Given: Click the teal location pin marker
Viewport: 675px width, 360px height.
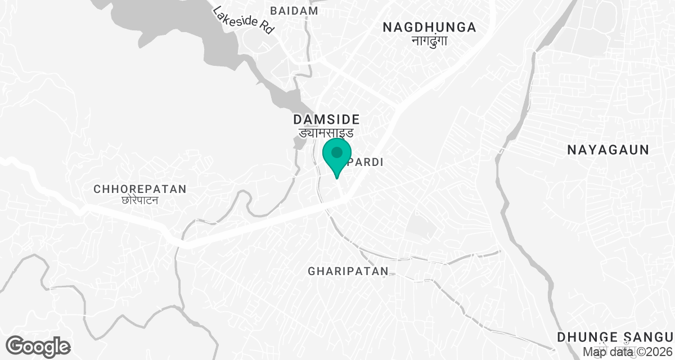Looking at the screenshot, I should pyautogui.click(x=337, y=156).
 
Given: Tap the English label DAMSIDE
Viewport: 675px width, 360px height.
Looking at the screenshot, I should pyautogui.click(x=326, y=119).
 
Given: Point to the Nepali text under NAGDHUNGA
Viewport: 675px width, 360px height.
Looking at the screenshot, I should pyautogui.click(x=429, y=40).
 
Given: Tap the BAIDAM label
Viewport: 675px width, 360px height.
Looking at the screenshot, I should pyautogui.click(x=294, y=11).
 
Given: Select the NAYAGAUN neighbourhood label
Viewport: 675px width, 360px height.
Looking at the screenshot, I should pyautogui.click(x=608, y=150).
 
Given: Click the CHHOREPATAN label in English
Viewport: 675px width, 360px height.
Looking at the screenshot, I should pyautogui.click(x=140, y=189).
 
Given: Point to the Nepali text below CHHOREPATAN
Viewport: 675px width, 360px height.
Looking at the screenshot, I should pyautogui.click(x=140, y=200).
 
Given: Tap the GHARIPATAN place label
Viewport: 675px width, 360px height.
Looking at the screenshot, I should pyautogui.click(x=348, y=271).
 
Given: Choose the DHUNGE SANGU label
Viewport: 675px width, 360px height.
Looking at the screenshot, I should pyautogui.click(x=615, y=337).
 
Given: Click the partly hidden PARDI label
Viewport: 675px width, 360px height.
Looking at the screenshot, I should pyautogui.click(x=367, y=162).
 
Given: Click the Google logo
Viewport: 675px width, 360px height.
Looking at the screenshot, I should pyautogui.click(x=38, y=346).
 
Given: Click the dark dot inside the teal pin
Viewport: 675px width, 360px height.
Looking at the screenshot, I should pyautogui.click(x=337, y=152).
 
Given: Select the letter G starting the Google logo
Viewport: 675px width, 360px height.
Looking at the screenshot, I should pyautogui.click(x=16, y=345).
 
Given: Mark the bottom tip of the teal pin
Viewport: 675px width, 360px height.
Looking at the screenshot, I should pyautogui.click(x=337, y=178).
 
